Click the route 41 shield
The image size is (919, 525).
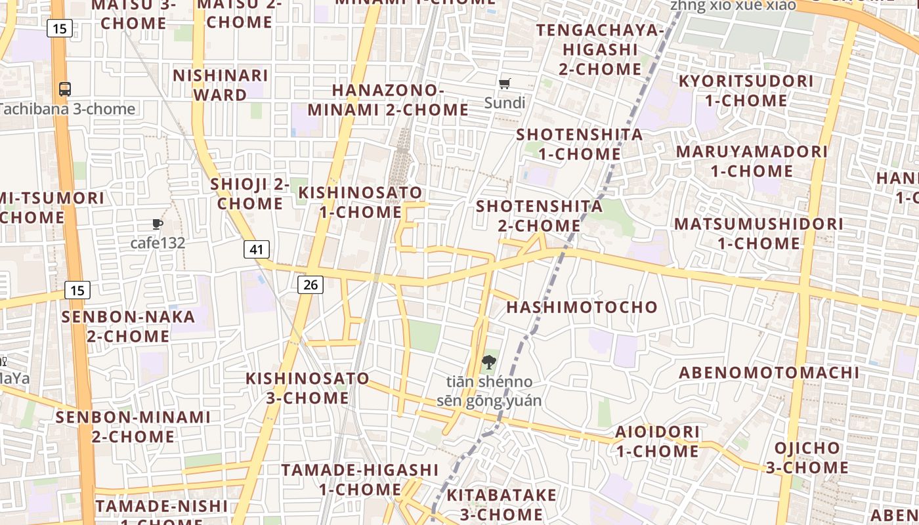click(257, 249)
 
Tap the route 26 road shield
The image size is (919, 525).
click(310, 284)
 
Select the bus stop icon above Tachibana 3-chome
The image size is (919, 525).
click(64, 89)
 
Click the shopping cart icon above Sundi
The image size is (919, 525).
click(505, 83)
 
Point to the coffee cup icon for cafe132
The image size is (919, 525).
click(158, 224)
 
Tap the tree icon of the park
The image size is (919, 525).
click(488, 362)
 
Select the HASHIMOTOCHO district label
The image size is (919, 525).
click(582, 307)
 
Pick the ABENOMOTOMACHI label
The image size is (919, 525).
click(769, 373)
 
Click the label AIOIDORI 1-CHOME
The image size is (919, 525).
click(657, 442)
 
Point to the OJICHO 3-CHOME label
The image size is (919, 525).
click(807, 458)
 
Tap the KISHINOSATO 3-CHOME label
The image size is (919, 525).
click(307, 388)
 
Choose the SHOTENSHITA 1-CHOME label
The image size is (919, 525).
click(580, 144)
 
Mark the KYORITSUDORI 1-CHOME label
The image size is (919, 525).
click(746, 91)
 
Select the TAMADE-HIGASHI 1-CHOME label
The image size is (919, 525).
click(360, 480)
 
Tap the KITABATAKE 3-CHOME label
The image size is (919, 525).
click(502, 504)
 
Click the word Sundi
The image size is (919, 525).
click(505, 103)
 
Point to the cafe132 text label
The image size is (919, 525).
click(158, 243)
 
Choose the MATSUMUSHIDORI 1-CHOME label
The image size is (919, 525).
click(758, 234)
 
